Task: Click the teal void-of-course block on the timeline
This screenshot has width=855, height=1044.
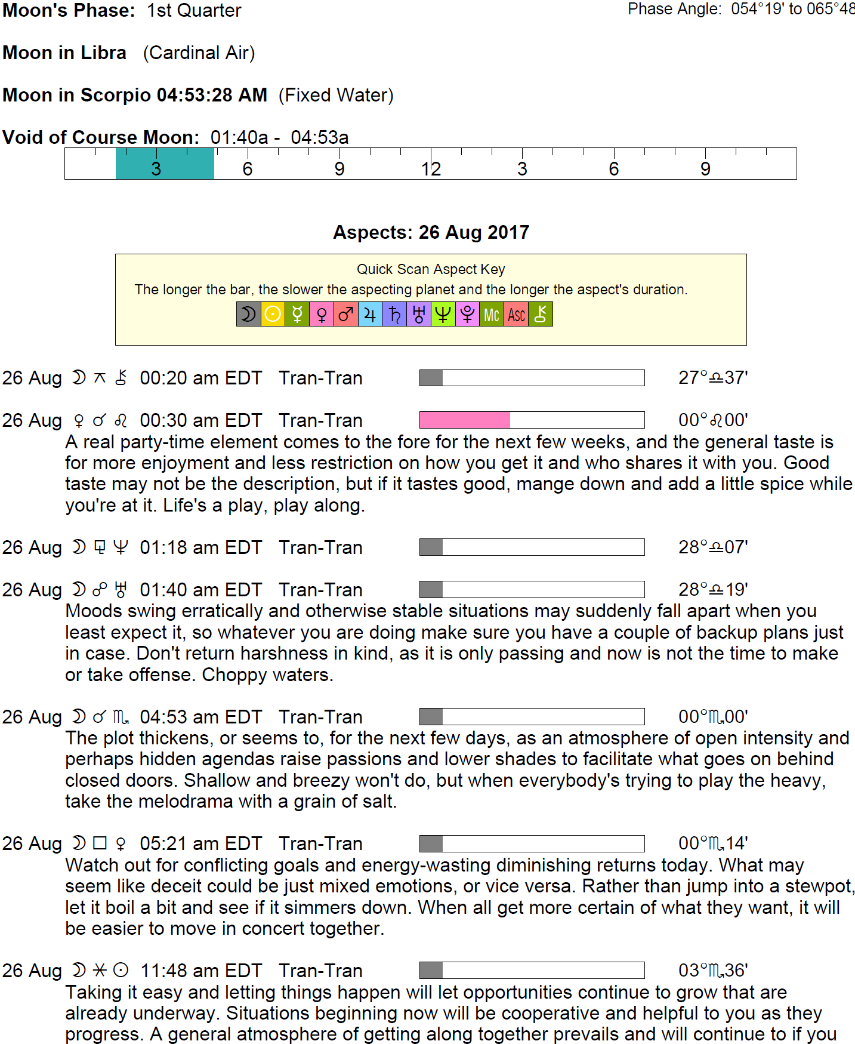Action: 165,164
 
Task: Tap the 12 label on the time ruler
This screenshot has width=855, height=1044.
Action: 431,169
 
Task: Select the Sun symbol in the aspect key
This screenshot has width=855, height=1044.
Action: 273,314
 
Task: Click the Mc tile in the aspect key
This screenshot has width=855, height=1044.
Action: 491,314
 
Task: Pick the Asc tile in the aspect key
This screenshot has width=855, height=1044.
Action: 516,314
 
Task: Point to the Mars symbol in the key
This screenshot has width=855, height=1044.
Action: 345,314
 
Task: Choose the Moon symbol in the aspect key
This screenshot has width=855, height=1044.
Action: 248,314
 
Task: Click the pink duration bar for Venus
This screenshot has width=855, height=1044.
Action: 464,420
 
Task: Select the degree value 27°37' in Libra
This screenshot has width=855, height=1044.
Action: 712,378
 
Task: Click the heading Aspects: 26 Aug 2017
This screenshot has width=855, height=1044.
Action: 431,232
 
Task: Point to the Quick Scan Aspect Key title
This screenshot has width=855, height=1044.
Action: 431,269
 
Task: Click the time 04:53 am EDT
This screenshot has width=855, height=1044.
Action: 200,717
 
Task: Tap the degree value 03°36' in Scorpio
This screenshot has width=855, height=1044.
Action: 712,971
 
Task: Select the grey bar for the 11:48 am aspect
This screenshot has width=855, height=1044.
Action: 431,971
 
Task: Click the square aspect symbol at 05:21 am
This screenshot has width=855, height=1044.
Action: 100,843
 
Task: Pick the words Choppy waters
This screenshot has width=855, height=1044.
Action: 267,675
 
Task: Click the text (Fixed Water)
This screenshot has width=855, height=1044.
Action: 336,96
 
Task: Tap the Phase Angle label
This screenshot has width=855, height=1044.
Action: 674,9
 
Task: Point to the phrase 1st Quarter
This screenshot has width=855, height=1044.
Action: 194,10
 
